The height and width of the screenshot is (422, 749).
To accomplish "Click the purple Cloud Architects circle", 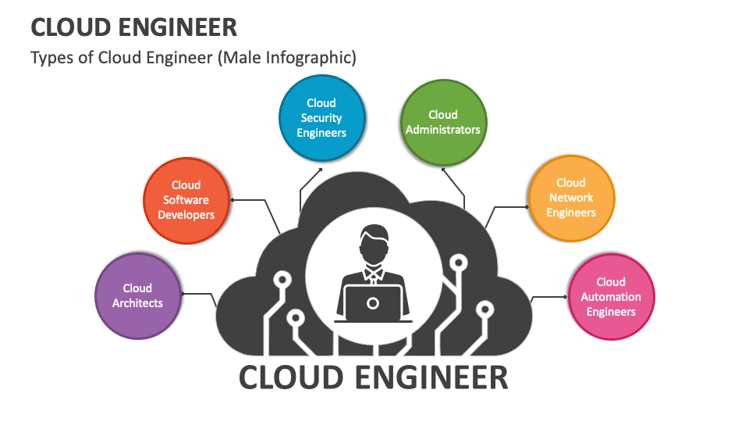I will coord(138,295).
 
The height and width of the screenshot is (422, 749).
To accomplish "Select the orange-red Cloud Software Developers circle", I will coord(186,200).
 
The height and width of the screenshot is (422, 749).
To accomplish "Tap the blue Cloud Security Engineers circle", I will coord(321,117).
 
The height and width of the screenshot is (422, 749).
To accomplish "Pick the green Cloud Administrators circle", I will coord(443,122).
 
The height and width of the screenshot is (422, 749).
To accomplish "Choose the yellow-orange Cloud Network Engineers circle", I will coord(571,198).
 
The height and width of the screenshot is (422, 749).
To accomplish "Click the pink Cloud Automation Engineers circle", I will coord(611,297).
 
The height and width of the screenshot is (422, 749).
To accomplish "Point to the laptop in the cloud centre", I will coord(373,304).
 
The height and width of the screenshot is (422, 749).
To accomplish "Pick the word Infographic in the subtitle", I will coord(314,58).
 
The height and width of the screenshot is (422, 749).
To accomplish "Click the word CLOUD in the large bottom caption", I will coord(292,377).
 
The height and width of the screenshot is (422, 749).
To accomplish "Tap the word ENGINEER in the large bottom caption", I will coord(431,377).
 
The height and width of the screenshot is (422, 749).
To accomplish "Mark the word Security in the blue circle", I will coord(321,118).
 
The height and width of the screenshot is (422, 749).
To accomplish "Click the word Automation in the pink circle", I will coord(611,297).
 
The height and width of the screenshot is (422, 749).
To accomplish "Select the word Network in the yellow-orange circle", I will coord(571,198).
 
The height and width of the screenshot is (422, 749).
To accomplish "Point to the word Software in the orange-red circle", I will coord(186,200).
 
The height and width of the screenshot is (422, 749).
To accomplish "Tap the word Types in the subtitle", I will coord(48,58).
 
